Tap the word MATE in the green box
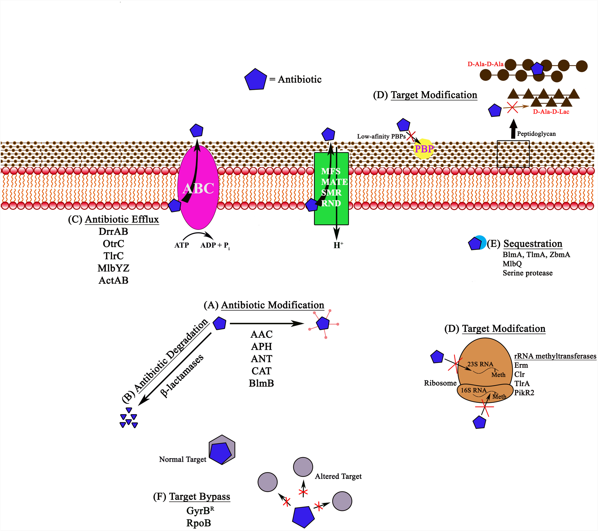(x=334, y=182)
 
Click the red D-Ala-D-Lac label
(x=551, y=112)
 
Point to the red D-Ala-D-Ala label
(x=485, y=64)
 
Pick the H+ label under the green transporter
(x=338, y=245)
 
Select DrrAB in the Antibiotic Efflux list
(x=113, y=232)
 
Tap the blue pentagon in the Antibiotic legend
(x=255, y=79)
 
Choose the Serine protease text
(x=527, y=273)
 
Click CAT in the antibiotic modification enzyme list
(x=261, y=371)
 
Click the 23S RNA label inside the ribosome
(x=480, y=364)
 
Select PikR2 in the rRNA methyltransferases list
(x=524, y=393)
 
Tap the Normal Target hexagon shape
(x=222, y=449)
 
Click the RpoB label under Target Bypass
(x=199, y=523)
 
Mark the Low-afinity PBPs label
(x=381, y=136)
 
